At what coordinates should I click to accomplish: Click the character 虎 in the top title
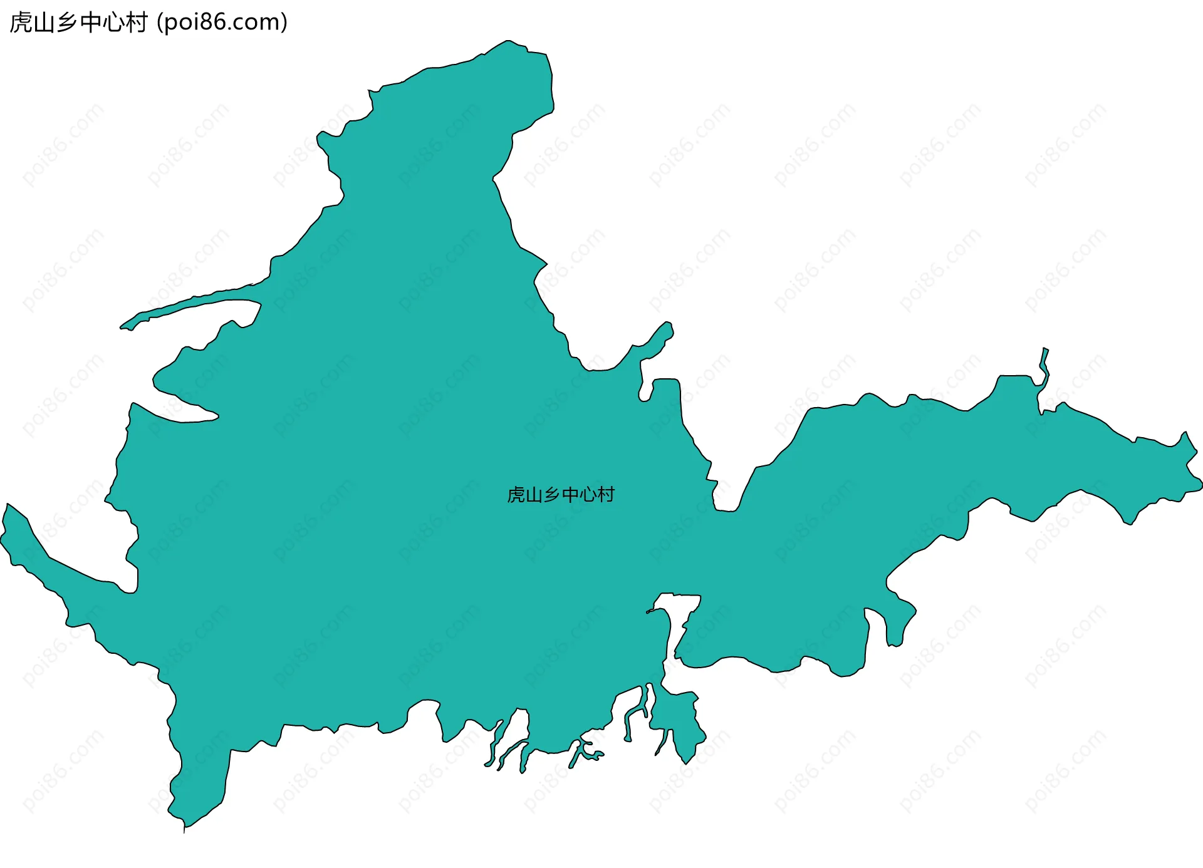pyautogui.click(x=21, y=23)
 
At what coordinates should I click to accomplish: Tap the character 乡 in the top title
pyautogui.click(x=67, y=23)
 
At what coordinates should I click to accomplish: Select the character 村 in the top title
pyautogui.click(x=136, y=23)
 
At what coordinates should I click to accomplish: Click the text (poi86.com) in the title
pyautogui.click(x=222, y=23)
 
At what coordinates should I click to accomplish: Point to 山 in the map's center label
pyautogui.click(x=534, y=495)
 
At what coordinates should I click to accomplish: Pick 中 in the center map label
pyautogui.click(x=571, y=495)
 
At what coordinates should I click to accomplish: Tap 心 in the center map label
pyautogui.click(x=588, y=495)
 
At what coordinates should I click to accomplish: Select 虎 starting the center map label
pyautogui.click(x=516, y=495)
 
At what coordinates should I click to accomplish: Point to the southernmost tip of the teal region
pyautogui.click(x=184, y=830)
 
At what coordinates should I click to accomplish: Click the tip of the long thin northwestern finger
pyautogui.click(x=123, y=326)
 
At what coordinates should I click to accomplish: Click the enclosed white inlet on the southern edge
pyautogui.click(x=679, y=617)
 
